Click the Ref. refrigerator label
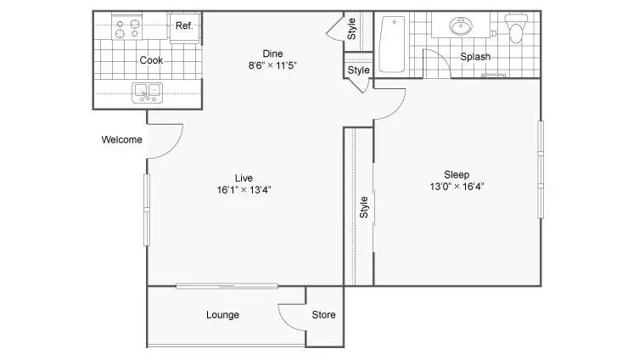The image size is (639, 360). [x=184, y=25]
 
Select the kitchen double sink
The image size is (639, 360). [x=147, y=92]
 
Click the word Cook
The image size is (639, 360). [x=151, y=60]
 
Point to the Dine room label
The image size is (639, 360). [x=272, y=53]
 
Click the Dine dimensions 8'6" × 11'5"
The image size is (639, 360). [x=272, y=65]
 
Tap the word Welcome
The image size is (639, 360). [x=121, y=140]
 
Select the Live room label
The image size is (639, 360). [x=244, y=177]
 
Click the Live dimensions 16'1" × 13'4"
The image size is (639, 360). [x=244, y=189]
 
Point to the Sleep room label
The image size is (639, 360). [x=457, y=175]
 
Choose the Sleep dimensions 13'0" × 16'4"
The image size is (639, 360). [x=457, y=187]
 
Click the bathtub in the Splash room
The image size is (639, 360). [x=392, y=45]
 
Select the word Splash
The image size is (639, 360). [x=475, y=58]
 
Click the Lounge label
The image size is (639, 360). [x=222, y=315]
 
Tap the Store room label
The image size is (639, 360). [x=323, y=315]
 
